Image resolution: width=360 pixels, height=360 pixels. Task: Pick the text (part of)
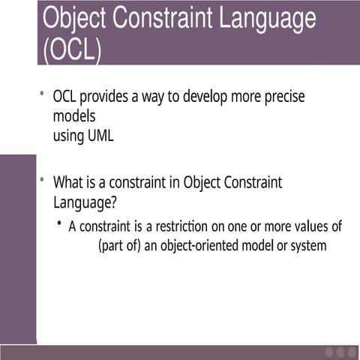click(x=119, y=246)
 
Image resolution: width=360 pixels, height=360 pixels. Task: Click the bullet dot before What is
click(x=42, y=180)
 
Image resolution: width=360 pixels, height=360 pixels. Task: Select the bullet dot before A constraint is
click(x=59, y=223)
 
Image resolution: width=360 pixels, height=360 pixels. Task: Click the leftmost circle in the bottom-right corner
click(x=329, y=352)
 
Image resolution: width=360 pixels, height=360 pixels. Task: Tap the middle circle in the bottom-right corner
click(x=340, y=352)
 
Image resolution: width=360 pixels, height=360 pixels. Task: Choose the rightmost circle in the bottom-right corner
click(x=352, y=352)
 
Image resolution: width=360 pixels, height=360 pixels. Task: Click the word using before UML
click(x=68, y=136)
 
